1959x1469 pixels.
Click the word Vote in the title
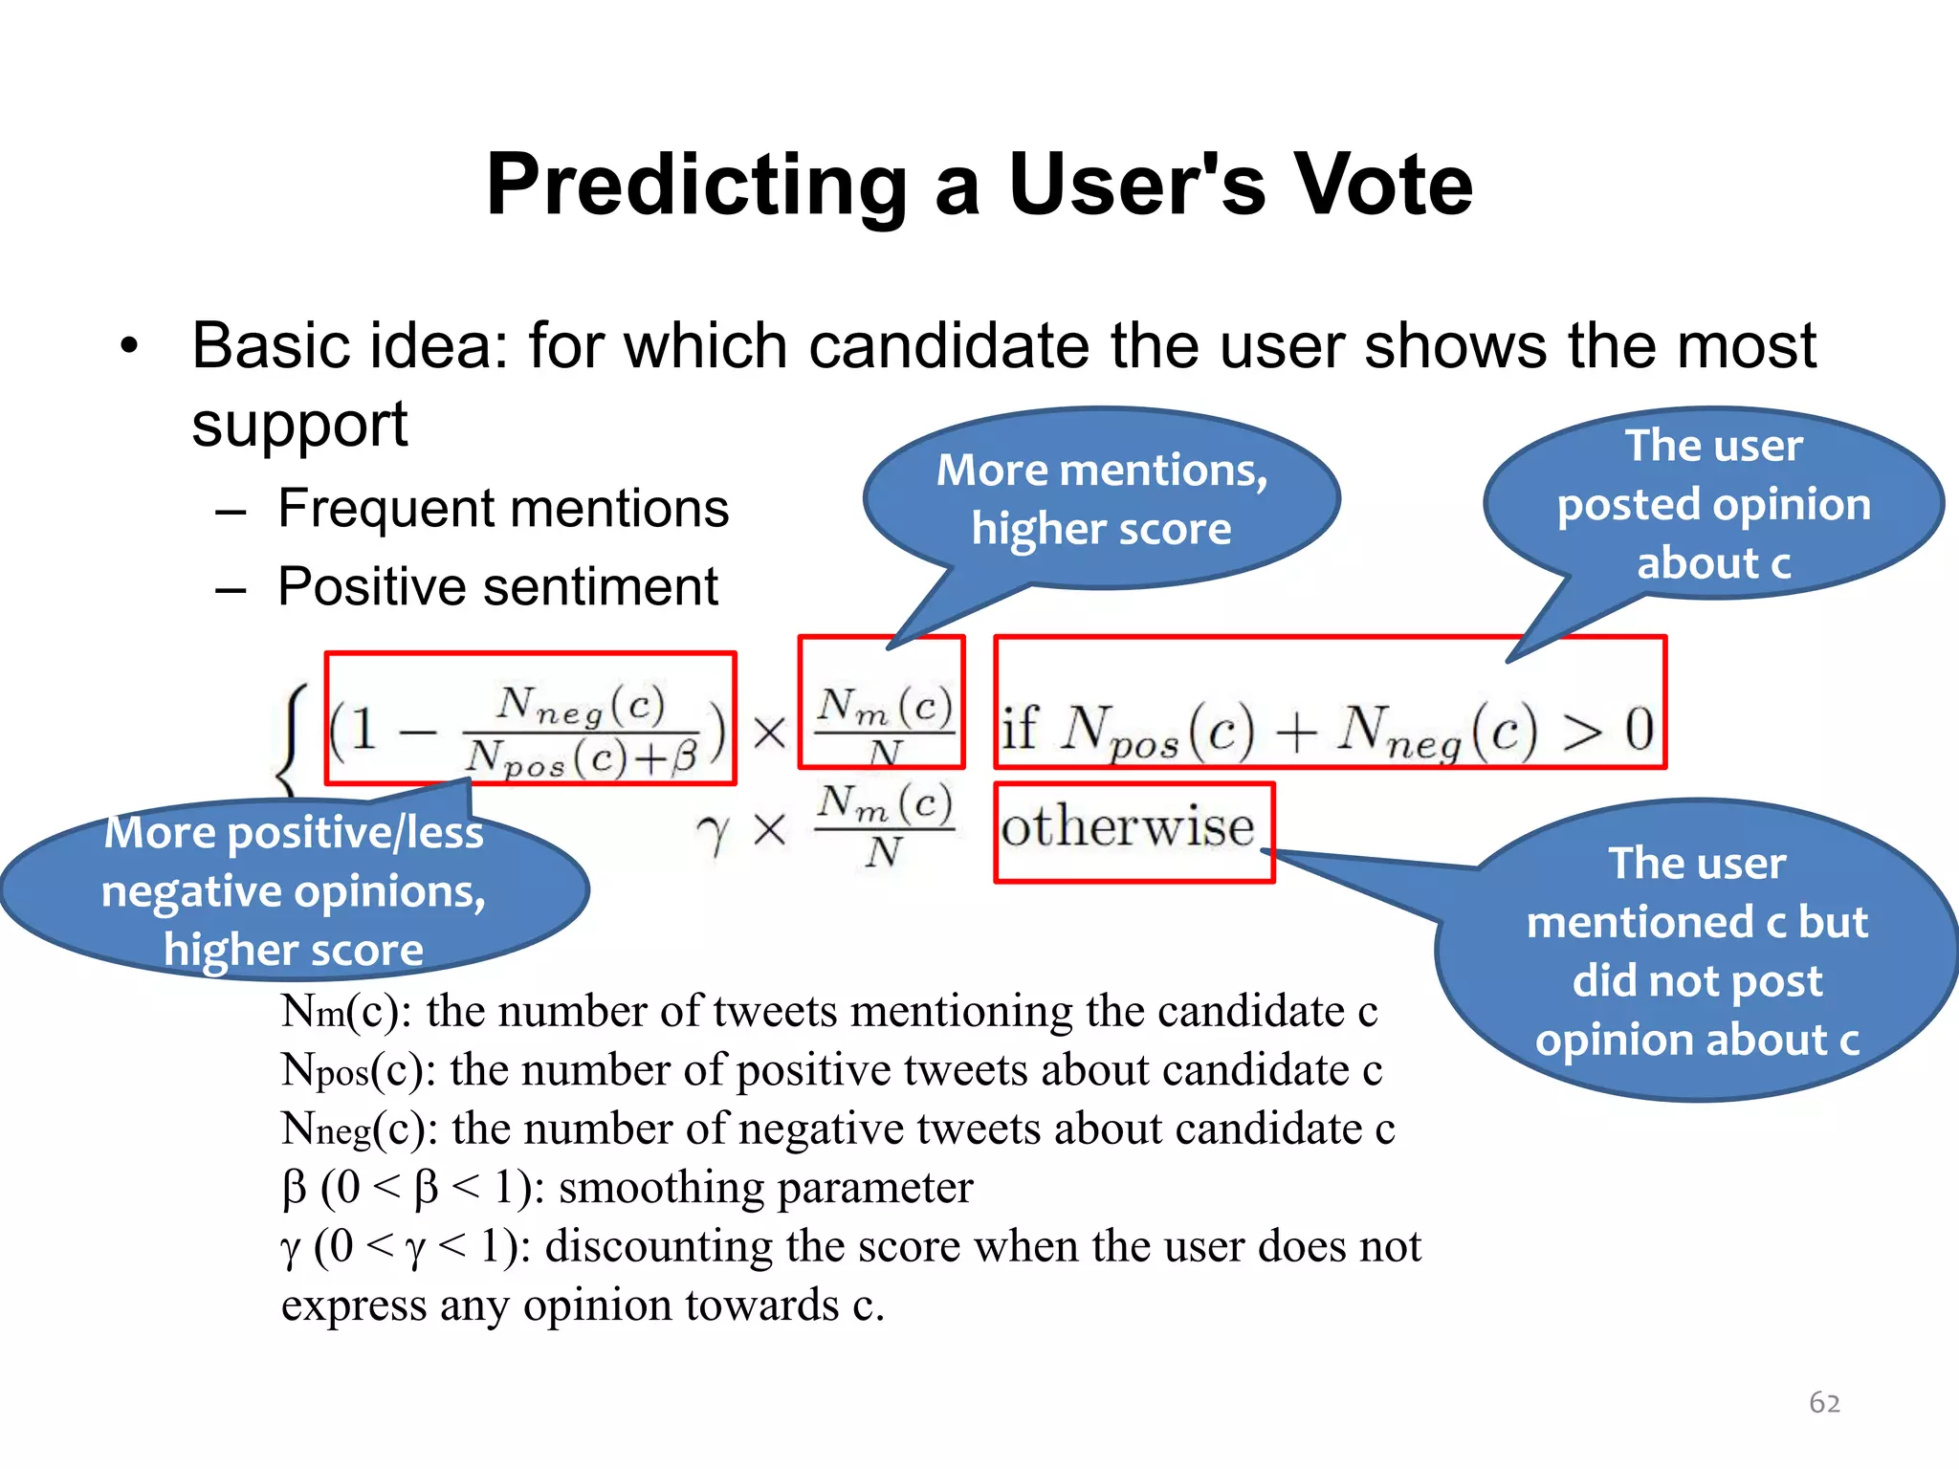[x=1381, y=186]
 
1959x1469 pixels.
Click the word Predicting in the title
[x=696, y=186]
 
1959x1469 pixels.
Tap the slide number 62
[x=1824, y=1402]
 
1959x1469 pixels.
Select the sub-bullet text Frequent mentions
[x=503, y=508]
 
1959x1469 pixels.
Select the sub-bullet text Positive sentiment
[x=497, y=586]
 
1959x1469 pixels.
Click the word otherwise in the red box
[x=1127, y=827]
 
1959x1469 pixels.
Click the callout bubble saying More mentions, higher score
[x=1101, y=498]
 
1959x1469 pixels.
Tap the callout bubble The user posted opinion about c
[x=1713, y=504]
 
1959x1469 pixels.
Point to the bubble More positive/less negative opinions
[x=293, y=890]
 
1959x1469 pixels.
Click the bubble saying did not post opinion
[x=1697, y=952]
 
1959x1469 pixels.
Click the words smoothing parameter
[x=765, y=1189]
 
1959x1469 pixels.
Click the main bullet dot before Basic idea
[x=130, y=346]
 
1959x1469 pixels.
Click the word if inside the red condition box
[x=1020, y=729]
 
